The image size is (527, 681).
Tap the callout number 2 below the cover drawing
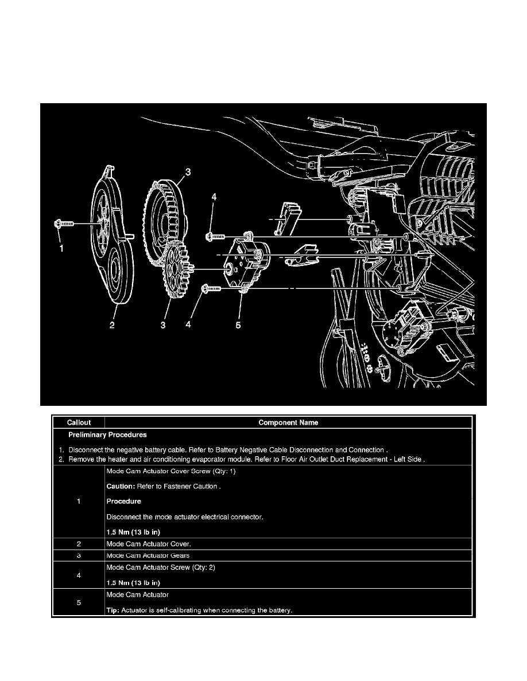click(x=113, y=325)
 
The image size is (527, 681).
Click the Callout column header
click(x=79, y=422)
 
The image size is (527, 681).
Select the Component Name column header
click(x=288, y=422)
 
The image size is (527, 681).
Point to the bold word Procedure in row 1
click(x=124, y=502)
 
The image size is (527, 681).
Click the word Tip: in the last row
click(x=113, y=610)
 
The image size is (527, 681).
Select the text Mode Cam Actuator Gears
click(x=148, y=555)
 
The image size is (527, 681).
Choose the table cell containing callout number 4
click(x=79, y=575)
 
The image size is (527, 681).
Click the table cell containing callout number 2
click(x=79, y=543)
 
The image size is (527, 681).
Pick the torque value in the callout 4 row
click(x=133, y=582)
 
